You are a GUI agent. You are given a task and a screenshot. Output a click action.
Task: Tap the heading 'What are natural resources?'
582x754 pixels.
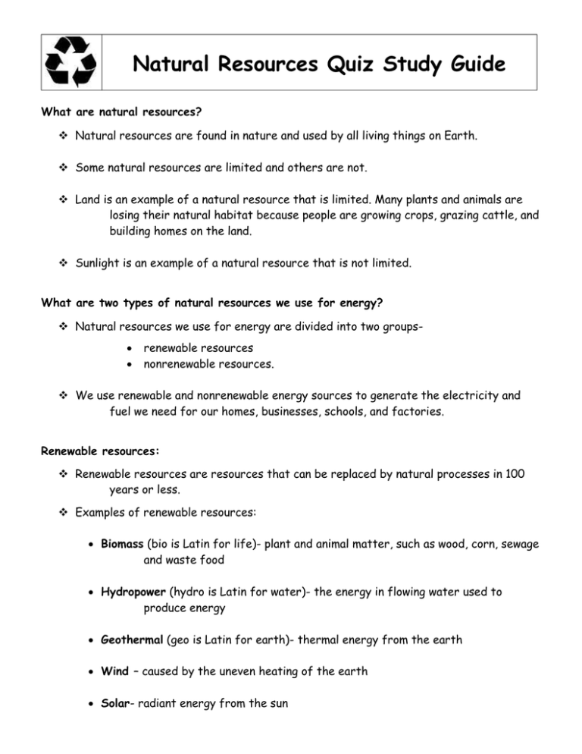121,112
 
